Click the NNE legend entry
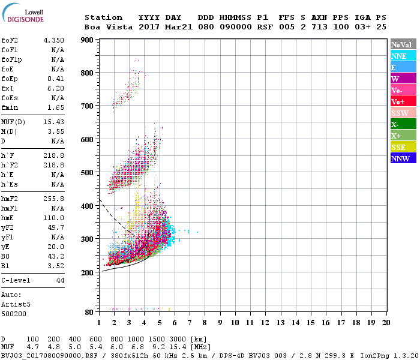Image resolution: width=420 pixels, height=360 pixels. [403, 56]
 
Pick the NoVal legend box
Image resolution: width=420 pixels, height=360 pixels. [403, 44]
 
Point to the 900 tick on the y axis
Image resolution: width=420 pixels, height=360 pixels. [88, 40]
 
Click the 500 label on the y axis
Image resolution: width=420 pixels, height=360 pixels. [88, 173]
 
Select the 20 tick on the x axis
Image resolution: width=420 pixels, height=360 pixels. [386, 322]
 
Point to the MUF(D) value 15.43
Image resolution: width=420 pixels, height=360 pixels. [53, 122]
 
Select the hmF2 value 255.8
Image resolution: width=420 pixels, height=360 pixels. [53, 199]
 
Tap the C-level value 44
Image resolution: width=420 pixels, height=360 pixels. [60, 280]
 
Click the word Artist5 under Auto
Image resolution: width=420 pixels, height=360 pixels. [14, 304]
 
